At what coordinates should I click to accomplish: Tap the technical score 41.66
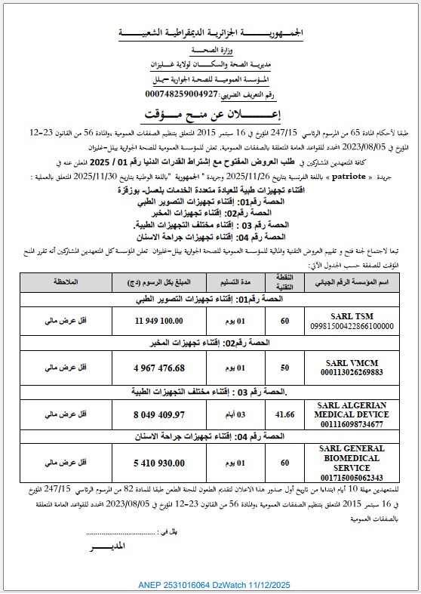(284, 414)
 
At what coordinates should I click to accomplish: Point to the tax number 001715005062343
(347, 477)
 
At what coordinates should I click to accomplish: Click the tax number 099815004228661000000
(347, 326)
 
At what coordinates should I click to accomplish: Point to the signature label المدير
(106, 544)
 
